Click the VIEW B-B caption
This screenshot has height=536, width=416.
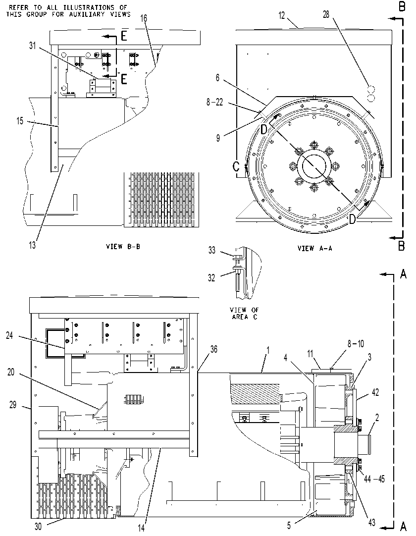click(x=123, y=246)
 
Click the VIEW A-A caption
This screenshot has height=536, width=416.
click(x=315, y=249)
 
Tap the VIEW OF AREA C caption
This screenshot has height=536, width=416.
click(x=245, y=314)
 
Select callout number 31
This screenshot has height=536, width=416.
click(x=33, y=46)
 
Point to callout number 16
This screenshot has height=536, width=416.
click(x=144, y=18)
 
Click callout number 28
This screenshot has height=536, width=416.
click(x=326, y=14)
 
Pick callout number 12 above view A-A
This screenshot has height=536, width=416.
click(x=281, y=15)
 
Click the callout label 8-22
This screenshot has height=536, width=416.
click(x=214, y=102)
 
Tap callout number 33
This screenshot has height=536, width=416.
click(x=212, y=250)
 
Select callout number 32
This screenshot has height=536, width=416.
click(x=211, y=278)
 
